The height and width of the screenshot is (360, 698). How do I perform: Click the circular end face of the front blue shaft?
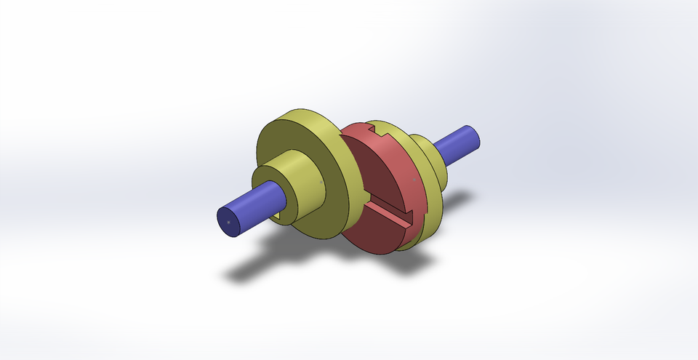(229, 222)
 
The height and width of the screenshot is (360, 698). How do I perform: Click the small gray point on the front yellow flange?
(322, 177)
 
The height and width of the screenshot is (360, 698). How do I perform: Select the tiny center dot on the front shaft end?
(228, 221)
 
